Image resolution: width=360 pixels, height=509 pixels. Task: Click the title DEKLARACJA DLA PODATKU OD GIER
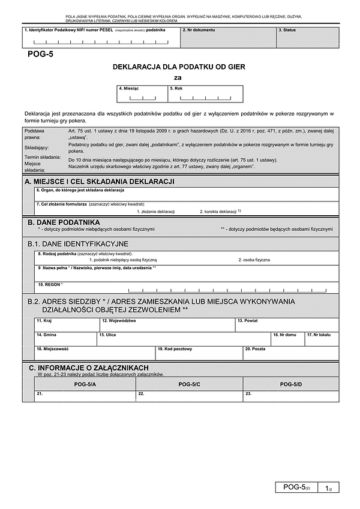179,67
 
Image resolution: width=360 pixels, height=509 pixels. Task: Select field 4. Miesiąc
142,94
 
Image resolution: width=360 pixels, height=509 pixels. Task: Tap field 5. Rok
205,94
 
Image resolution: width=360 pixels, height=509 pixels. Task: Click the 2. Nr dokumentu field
227,37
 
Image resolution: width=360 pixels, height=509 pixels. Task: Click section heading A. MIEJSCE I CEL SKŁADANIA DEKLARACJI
99,181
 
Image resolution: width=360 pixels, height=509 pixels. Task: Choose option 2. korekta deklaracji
220,212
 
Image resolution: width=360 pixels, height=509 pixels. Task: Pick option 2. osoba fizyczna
254,260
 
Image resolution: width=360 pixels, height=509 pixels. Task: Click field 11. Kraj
67,324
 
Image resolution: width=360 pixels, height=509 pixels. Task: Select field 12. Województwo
167,324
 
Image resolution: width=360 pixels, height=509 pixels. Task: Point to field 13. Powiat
286,324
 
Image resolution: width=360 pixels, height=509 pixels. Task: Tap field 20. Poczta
290,353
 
